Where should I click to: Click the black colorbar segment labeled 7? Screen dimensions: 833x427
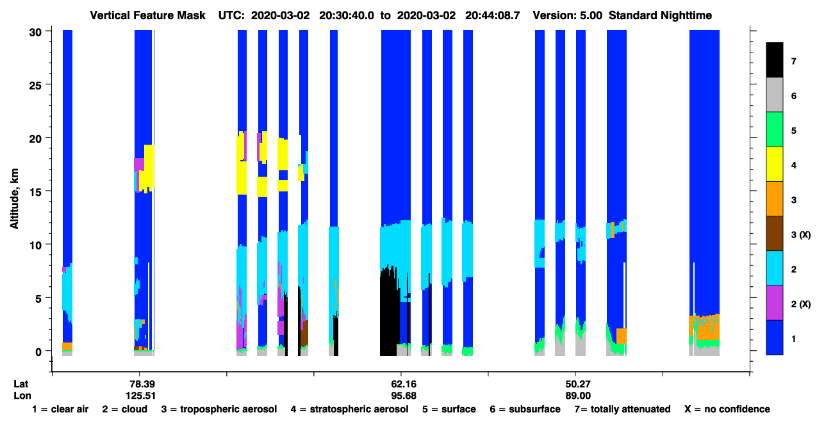774,60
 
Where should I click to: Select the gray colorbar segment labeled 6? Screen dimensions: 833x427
774,95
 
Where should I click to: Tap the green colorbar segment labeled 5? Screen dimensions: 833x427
774,129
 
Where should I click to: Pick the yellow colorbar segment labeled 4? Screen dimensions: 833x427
774,164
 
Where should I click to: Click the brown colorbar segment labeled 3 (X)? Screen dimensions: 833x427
774,234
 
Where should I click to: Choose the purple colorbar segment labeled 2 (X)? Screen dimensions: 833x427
774,303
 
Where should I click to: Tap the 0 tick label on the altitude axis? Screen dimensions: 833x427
38,351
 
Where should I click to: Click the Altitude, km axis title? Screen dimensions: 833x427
14,198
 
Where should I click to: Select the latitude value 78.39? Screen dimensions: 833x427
142,384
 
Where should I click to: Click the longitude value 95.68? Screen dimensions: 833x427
404,396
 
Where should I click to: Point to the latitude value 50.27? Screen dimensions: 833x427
578,384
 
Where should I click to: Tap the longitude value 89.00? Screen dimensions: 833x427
578,396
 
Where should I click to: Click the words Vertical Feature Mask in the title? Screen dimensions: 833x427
147,15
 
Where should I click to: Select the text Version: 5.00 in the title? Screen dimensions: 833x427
568,15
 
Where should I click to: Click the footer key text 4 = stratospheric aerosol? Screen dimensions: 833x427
350,409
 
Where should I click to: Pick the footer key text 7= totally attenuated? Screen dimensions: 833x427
623,409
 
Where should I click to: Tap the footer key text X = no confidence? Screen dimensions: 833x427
727,409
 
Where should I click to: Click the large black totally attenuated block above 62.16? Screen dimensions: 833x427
390,312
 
